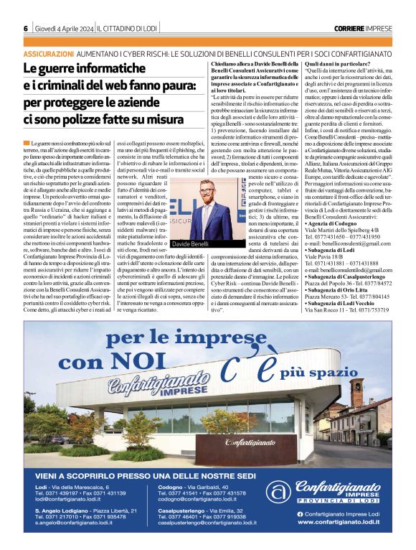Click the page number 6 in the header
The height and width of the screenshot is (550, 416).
pos(25,28)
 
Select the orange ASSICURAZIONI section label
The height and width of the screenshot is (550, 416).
pos(48,54)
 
